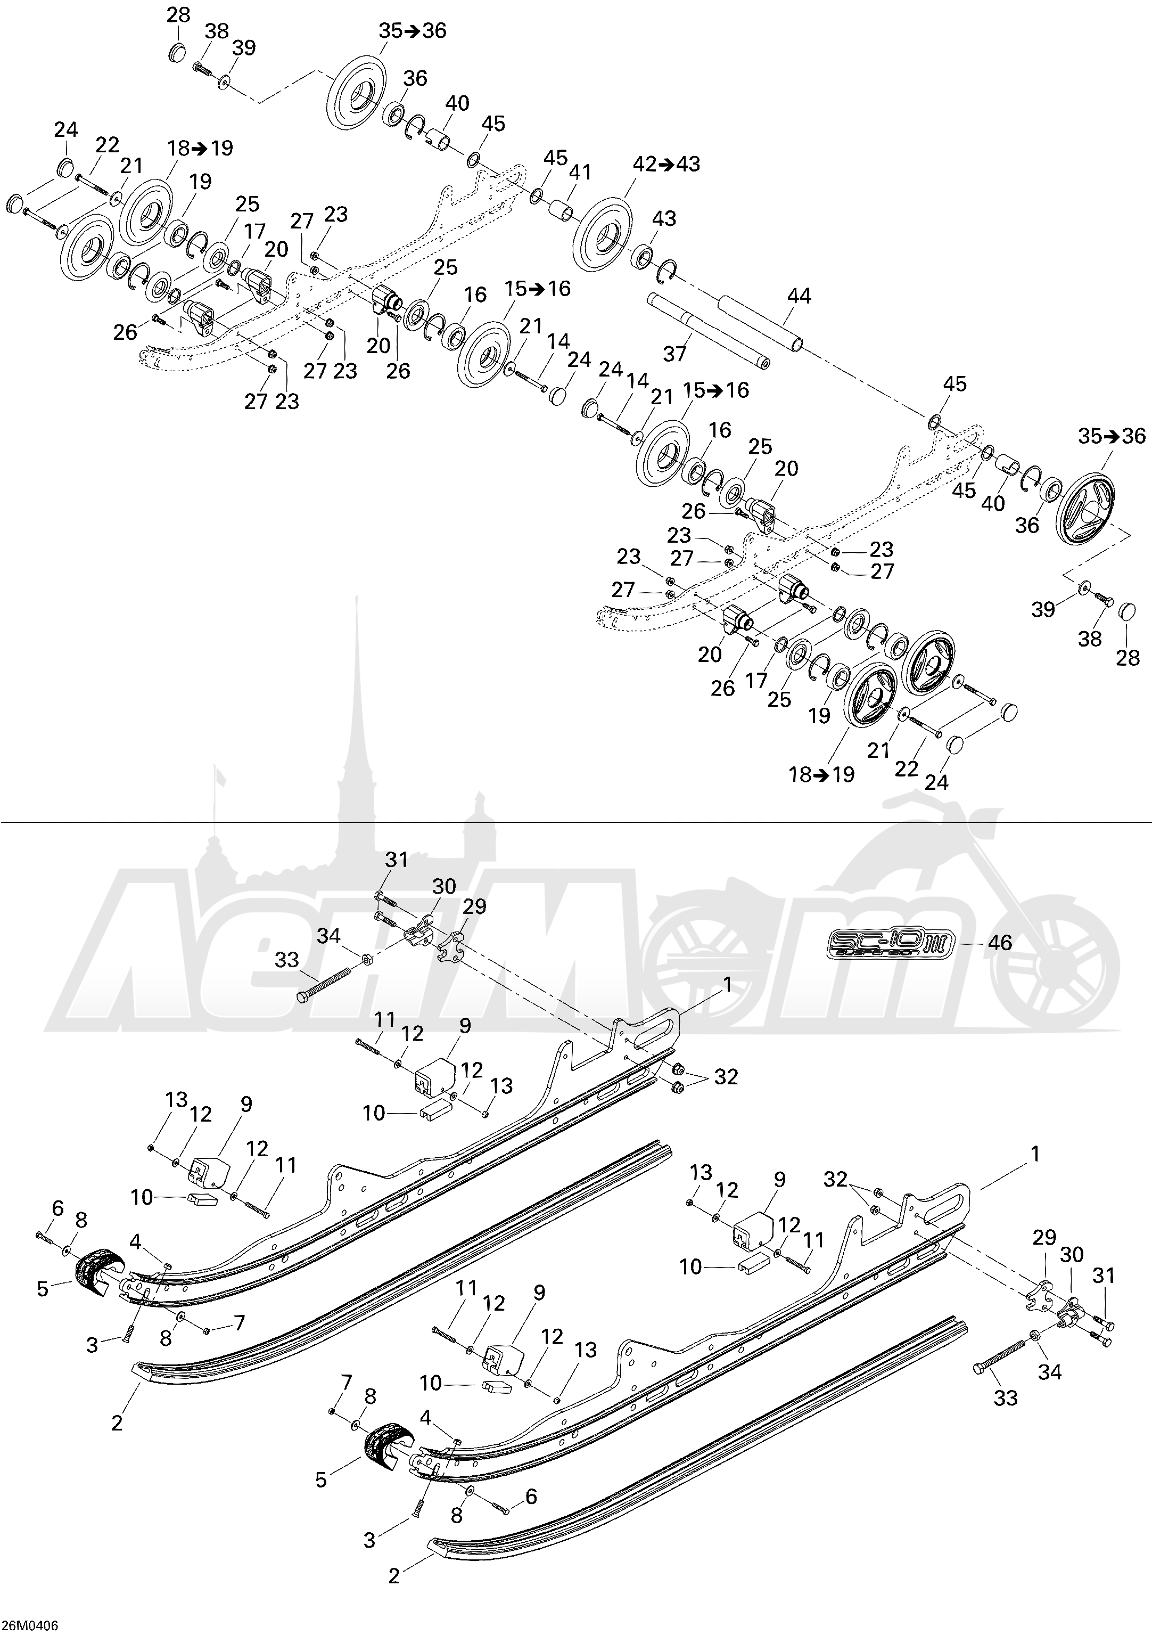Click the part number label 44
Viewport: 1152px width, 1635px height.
(x=799, y=296)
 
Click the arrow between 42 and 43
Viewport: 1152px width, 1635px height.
(x=666, y=164)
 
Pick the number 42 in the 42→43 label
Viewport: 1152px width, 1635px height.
(x=645, y=164)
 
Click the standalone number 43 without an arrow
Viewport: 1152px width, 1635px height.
(x=664, y=218)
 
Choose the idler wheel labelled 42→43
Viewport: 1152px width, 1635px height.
(x=604, y=235)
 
